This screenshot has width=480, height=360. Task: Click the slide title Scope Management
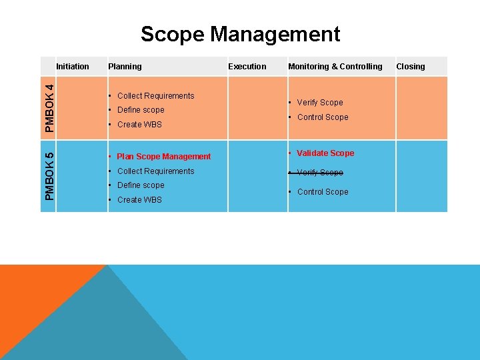click(240, 33)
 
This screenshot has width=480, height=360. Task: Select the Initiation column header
click(73, 66)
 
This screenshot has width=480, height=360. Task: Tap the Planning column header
click(125, 66)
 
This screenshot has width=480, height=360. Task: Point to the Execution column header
click(247, 66)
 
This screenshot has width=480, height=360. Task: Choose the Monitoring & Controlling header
click(335, 66)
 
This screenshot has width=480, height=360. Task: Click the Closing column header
click(410, 66)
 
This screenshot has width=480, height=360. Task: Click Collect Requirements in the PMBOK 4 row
click(155, 95)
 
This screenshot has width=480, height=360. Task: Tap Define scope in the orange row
click(140, 110)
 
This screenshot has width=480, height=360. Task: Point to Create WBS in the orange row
click(139, 125)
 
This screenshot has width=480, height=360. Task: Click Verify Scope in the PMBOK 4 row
click(319, 103)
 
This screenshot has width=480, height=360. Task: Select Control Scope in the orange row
click(322, 117)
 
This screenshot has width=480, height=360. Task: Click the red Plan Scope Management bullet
click(163, 157)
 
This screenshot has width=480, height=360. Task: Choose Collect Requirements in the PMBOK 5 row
click(155, 171)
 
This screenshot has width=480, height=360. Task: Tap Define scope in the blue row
click(140, 185)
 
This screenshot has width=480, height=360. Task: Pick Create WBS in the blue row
click(139, 200)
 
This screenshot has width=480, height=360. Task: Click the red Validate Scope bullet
click(325, 153)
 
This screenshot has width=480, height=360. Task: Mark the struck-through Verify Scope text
click(319, 173)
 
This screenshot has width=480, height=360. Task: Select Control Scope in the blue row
click(322, 192)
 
